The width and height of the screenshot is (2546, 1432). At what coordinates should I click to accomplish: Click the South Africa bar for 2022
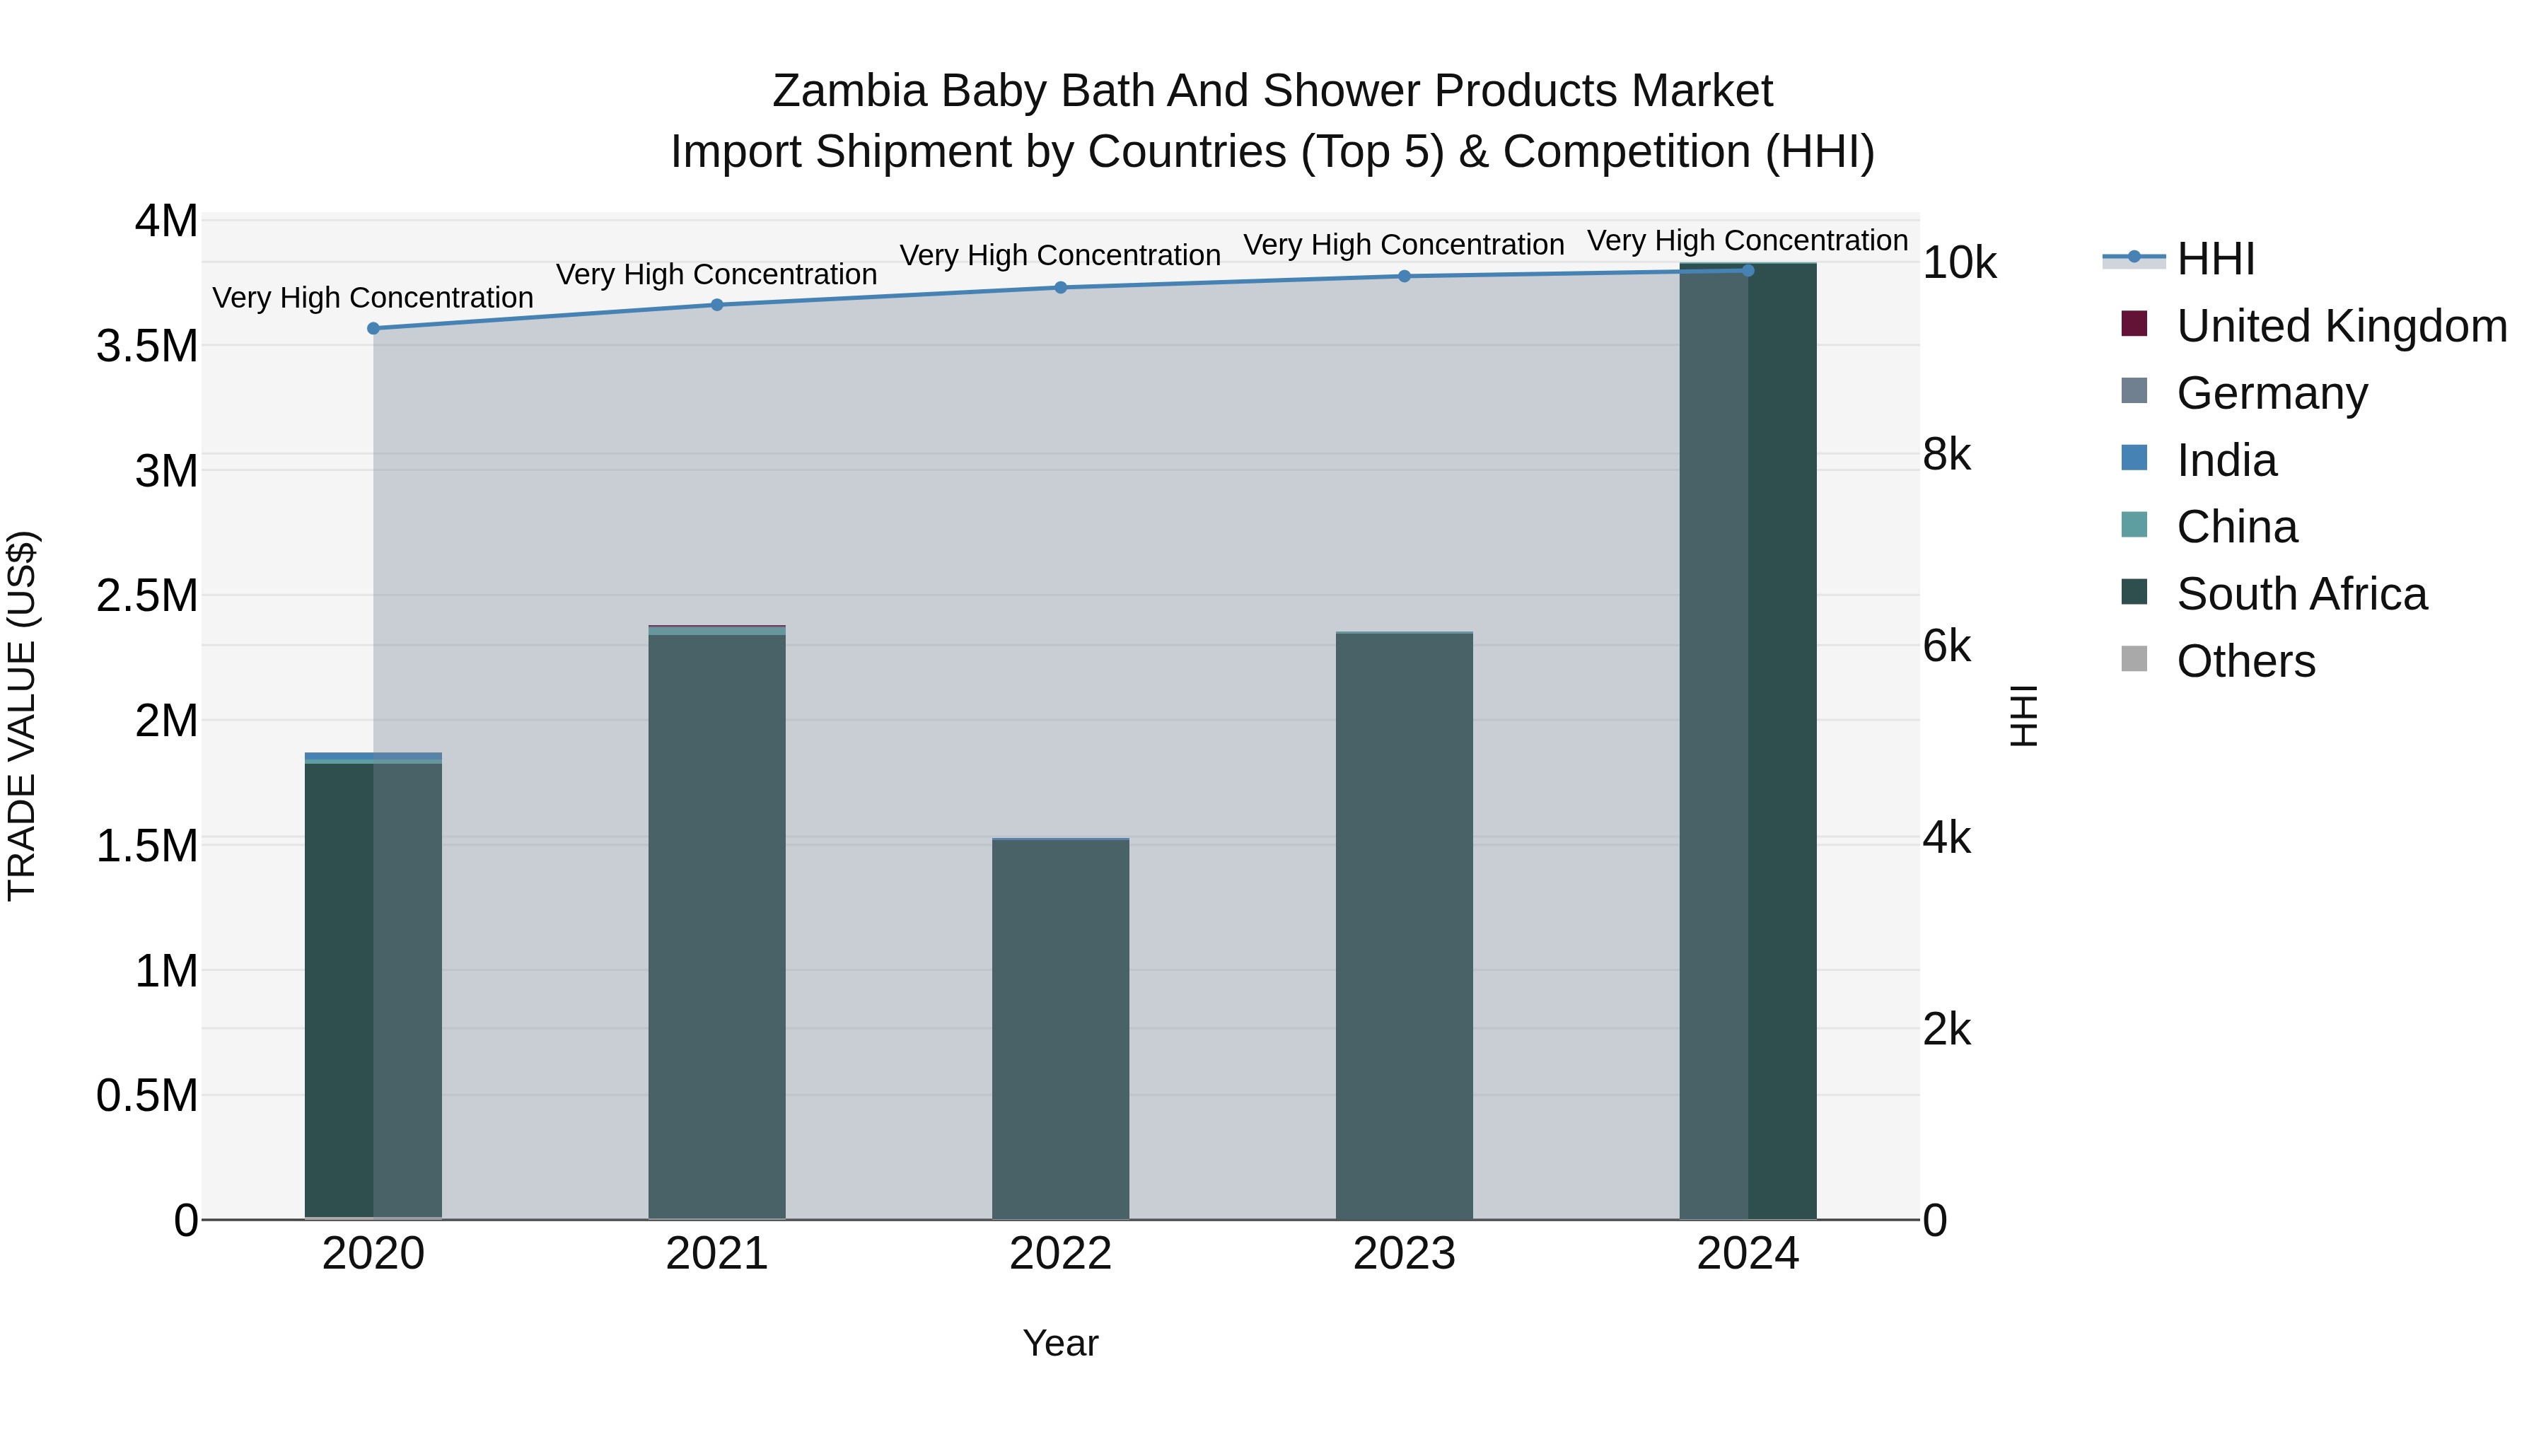point(1061,1028)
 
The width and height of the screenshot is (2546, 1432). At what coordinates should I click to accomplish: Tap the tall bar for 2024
point(1748,741)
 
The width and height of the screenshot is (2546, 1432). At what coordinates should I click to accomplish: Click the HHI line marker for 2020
point(373,328)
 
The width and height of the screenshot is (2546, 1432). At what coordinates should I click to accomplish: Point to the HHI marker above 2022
point(1061,288)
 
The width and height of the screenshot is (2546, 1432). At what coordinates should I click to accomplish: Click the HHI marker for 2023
point(1405,276)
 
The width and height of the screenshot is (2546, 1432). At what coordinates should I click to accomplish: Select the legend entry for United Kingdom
point(2340,326)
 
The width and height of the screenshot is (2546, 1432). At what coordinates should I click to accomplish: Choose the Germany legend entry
point(2271,393)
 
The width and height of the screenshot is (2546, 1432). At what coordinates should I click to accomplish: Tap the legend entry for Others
point(2245,661)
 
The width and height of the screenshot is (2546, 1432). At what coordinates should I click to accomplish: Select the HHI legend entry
point(2214,259)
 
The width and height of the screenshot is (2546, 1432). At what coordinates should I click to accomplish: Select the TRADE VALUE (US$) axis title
point(22,716)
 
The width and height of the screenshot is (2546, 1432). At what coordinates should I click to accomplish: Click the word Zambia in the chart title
point(849,91)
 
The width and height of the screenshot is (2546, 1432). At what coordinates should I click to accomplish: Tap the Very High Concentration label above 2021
point(716,275)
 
